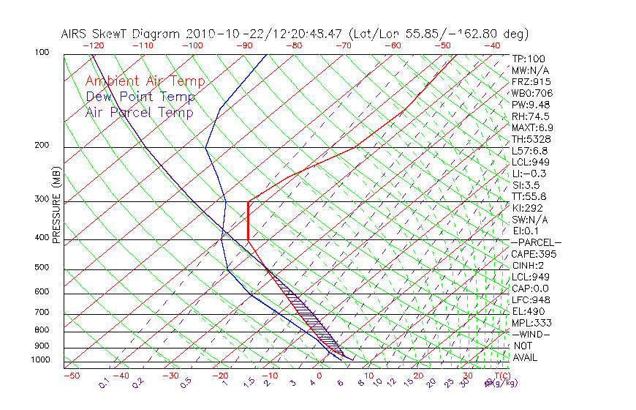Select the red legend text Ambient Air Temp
coord(145,82)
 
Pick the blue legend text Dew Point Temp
coord(140,97)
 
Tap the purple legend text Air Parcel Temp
coord(139,113)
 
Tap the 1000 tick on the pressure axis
coord(41,359)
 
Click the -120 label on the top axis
coord(93,45)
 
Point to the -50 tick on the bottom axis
coord(71,376)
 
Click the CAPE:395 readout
coord(534,254)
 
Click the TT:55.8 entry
coord(529,196)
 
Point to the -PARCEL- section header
coord(536,242)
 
